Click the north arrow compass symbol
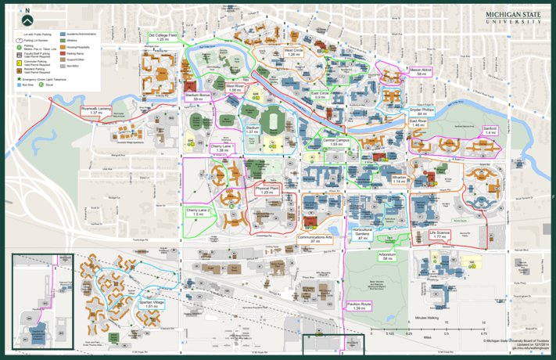point(28,14)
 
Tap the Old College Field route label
point(163,37)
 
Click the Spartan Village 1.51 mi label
point(152,304)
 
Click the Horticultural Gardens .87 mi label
point(361,232)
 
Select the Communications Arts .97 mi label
point(314,238)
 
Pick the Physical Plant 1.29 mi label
point(267,189)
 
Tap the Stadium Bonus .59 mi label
point(198,98)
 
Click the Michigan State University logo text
point(511,17)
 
